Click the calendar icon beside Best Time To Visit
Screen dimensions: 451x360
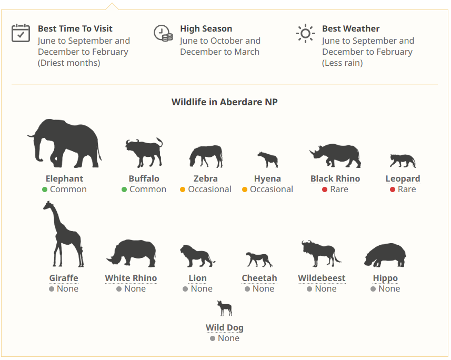tap(21, 33)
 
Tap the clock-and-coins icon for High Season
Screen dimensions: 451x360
tap(163, 33)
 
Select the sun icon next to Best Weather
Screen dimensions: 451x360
tap(305, 33)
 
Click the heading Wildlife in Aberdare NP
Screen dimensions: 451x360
tap(225, 102)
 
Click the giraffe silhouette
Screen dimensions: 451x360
tap(63, 234)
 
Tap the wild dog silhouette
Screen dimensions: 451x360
tap(225, 308)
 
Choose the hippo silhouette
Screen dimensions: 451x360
tap(385, 255)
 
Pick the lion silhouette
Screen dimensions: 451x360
tap(197, 256)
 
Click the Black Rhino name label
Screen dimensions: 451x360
tap(335, 179)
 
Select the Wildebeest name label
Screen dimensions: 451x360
tap(322, 278)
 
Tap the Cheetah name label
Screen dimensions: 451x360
tap(259, 278)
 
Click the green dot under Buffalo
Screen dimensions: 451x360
tap(124, 189)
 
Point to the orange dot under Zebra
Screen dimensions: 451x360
tap(183, 189)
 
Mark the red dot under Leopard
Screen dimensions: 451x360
tap(393, 189)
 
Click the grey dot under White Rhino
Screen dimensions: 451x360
tap(119, 289)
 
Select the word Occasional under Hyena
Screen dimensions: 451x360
tap(272, 189)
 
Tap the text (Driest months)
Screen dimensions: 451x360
tap(69, 63)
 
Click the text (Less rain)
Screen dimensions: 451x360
tap(342, 63)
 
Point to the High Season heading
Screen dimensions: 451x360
tap(206, 28)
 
